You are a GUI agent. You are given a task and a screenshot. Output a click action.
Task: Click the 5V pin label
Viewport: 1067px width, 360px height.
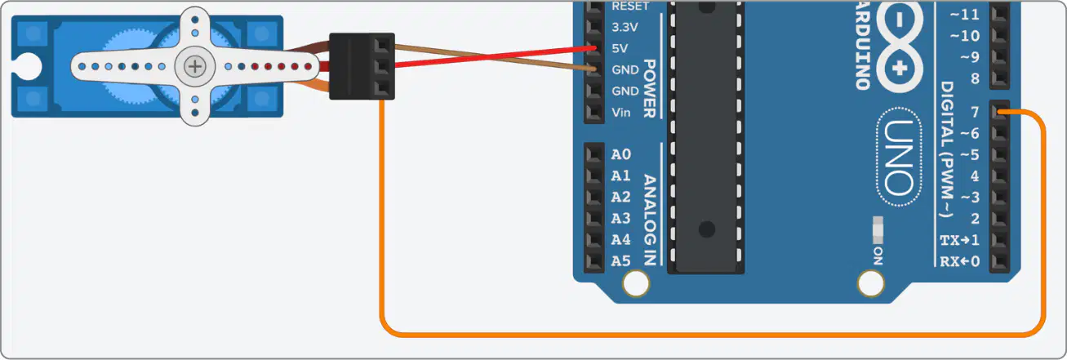pos(620,48)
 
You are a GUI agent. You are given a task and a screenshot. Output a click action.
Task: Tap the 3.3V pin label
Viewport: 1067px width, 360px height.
pos(625,27)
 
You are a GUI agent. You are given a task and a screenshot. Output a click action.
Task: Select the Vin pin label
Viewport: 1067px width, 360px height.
pos(621,113)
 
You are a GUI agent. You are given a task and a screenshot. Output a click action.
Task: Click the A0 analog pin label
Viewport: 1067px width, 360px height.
pos(621,154)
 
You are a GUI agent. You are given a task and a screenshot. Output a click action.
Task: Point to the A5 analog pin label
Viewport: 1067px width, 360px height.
pos(621,261)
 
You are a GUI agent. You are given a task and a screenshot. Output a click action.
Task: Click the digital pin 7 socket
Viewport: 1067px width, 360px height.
pos(999,112)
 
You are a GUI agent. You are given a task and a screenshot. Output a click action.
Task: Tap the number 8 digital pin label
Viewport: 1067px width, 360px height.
pos(975,78)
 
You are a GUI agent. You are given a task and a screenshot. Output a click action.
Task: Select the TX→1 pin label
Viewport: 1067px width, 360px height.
pos(960,240)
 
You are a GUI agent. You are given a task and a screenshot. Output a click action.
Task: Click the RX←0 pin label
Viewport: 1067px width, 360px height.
pos(960,261)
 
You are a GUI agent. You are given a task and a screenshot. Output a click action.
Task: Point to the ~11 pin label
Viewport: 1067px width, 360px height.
pos(965,15)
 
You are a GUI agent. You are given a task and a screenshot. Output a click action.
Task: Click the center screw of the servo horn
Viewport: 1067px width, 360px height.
pos(195,66)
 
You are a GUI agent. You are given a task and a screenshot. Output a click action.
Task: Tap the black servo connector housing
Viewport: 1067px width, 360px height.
pos(362,66)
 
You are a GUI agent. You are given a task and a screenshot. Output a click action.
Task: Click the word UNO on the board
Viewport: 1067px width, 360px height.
pos(899,158)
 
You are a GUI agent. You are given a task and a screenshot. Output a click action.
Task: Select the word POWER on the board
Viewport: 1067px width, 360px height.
pos(650,88)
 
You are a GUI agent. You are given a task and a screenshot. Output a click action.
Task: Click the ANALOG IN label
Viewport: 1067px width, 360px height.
pos(650,220)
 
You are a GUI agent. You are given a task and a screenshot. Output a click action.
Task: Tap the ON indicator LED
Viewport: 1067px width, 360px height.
pos(878,230)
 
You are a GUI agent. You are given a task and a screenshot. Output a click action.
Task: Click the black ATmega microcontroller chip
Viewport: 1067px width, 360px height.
pos(706,137)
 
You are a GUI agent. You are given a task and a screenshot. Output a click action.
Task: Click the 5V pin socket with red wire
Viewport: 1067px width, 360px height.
pos(594,48)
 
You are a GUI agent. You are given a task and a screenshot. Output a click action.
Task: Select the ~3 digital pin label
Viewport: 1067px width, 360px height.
pos(969,198)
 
